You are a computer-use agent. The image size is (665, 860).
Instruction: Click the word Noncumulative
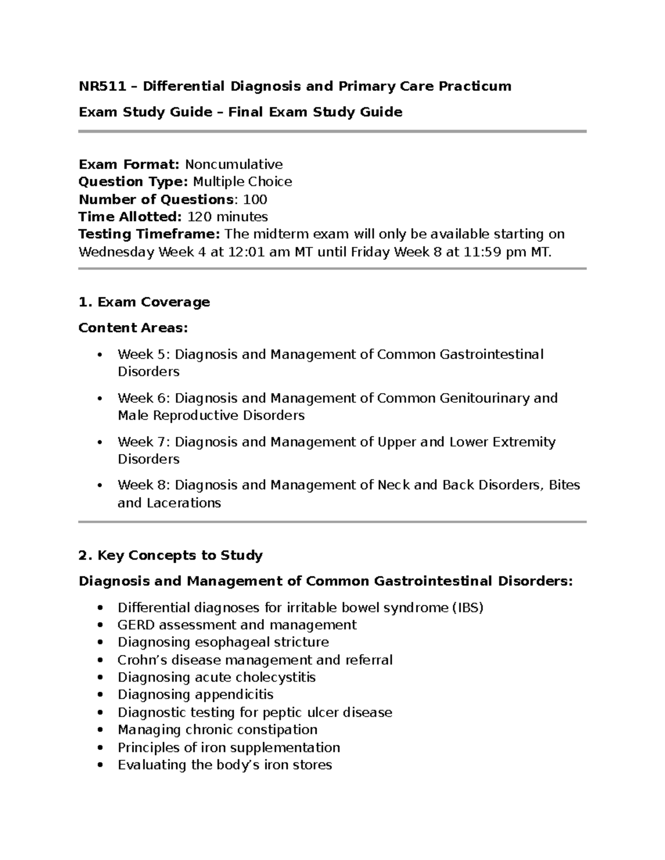point(233,164)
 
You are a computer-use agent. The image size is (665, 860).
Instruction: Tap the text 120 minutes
point(228,217)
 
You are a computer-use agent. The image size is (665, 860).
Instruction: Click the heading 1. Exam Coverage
point(144,302)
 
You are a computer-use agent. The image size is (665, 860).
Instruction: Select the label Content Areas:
point(133,328)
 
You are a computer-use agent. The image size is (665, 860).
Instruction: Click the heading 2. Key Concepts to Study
point(171,555)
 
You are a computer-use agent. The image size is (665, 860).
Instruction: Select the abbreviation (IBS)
point(468,608)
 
